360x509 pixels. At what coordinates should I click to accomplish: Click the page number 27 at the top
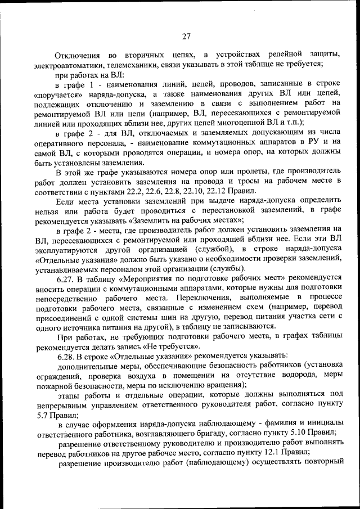pos(186,37)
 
